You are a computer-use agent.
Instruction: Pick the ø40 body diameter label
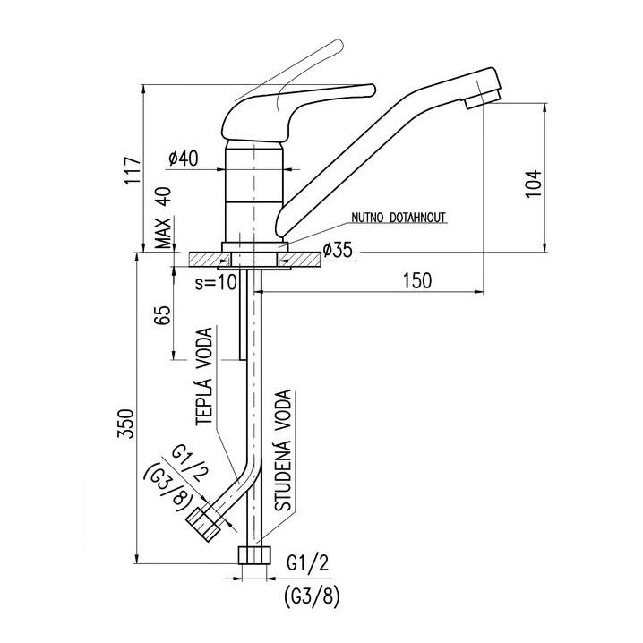pyautogui.click(x=182, y=159)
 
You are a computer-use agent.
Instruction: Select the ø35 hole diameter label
pyautogui.click(x=335, y=250)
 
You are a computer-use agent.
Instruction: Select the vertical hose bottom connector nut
pyautogui.click(x=254, y=557)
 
